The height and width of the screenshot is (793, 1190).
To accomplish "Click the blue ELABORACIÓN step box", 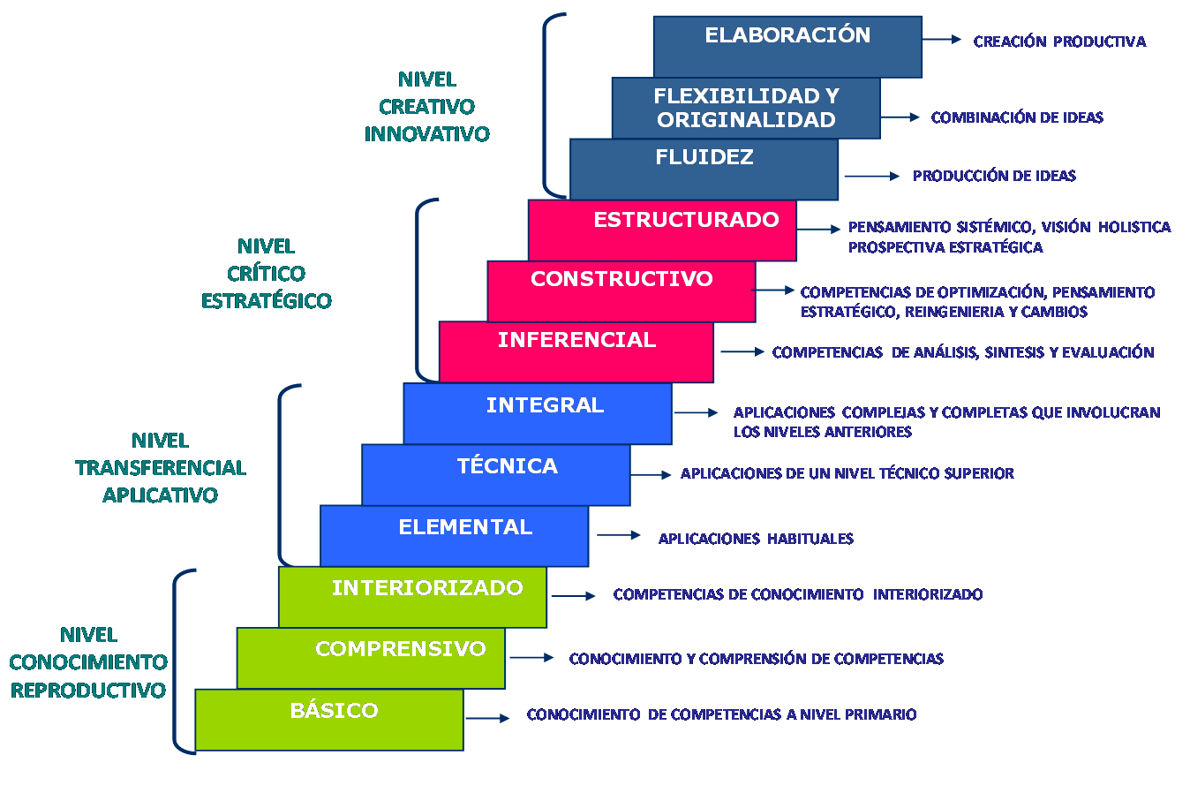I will tap(787, 46).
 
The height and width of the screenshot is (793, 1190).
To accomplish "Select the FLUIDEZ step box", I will tap(704, 170).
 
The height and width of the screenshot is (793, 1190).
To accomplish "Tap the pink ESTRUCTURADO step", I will tap(662, 230).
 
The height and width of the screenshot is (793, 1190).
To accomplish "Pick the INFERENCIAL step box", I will tap(576, 351).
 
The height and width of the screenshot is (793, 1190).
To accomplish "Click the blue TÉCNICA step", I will tap(496, 475).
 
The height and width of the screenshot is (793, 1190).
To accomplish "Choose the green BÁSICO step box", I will tap(329, 720).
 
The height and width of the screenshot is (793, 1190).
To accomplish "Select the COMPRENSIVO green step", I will tap(371, 659).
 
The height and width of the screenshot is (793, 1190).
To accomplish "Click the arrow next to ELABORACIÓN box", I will tap(942, 40).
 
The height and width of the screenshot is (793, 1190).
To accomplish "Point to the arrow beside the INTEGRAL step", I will tap(696, 412).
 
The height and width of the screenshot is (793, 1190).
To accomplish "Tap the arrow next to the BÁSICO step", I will tap(487, 718).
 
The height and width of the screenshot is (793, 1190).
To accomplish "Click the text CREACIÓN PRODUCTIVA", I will tap(1059, 42).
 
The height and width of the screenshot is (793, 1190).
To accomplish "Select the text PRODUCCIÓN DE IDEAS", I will tap(994, 176).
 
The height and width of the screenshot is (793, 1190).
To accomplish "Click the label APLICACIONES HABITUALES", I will tap(756, 539).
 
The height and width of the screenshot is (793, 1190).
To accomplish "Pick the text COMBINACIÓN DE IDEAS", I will tap(1017, 117).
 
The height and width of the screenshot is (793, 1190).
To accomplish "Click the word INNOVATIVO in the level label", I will tap(426, 134).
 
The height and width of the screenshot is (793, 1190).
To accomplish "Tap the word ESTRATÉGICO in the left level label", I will tap(266, 301).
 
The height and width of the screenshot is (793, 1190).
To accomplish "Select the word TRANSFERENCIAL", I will tap(160, 468).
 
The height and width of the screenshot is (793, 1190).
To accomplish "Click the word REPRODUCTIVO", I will tap(87, 691).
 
